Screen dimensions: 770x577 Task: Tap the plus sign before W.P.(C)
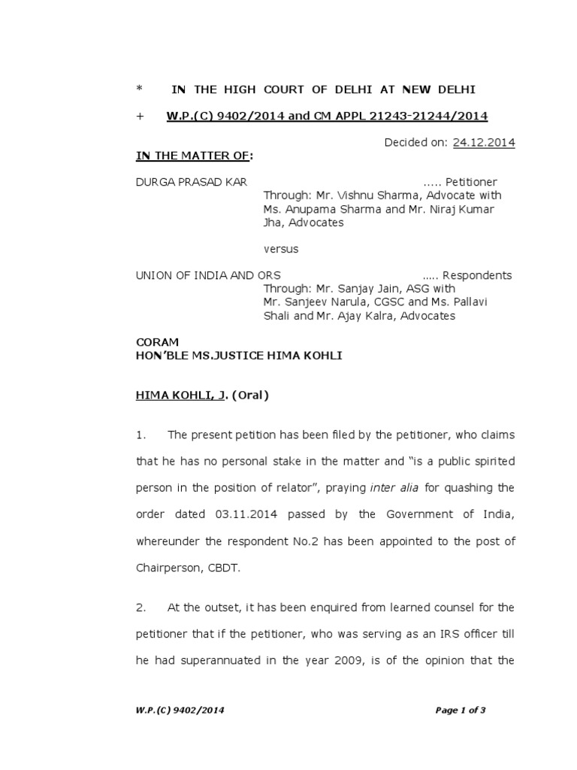(x=139, y=116)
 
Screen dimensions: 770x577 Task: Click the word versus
(x=281, y=248)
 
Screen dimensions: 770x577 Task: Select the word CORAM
(x=157, y=342)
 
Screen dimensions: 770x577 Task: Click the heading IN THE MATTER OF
(x=193, y=156)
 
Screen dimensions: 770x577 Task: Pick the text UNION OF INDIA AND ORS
(x=208, y=275)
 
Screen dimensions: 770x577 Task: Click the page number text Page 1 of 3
(x=461, y=710)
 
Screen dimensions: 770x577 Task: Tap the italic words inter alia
(x=394, y=487)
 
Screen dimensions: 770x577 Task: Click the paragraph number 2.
(x=140, y=608)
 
